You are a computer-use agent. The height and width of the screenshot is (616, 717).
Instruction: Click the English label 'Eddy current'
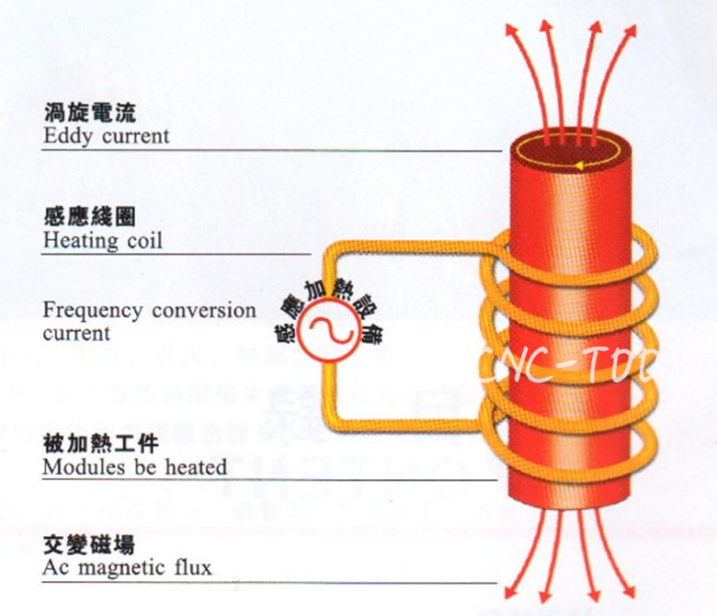click(x=107, y=136)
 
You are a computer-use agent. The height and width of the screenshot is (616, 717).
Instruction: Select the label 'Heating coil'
click(x=103, y=241)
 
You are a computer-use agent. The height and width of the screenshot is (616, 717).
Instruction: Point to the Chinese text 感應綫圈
click(x=90, y=218)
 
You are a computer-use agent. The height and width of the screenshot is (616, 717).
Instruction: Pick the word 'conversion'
click(x=204, y=310)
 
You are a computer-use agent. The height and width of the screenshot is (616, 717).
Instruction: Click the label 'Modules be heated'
click(x=134, y=466)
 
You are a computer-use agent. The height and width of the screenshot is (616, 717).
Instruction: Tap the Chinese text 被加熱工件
click(x=101, y=444)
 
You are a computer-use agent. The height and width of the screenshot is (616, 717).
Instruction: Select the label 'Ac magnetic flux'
click(x=127, y=567)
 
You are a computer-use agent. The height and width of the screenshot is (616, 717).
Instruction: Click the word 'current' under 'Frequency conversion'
click(x=76, y=333)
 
